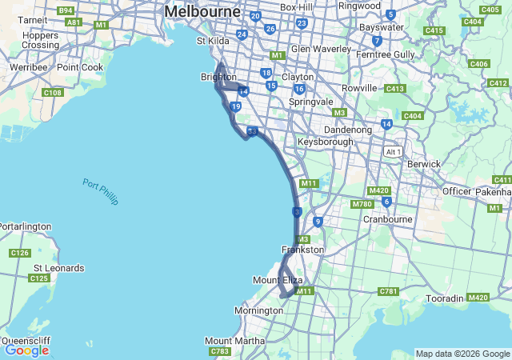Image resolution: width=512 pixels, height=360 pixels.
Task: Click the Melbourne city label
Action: pyautogui.click(x=202, y=12)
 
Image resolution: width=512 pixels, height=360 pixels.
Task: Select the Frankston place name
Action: pyautogui.click(x=303, y=250)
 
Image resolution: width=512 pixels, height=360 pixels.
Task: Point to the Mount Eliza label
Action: pyautogui.click(x=278, y=280)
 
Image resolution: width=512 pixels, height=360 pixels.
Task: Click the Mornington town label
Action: pyautogui.click(x=258, y=310)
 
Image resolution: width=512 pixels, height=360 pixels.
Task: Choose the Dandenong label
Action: pyautogui.click(x=347, y=130)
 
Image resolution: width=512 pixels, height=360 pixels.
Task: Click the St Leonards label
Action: pyautogui.click(x=58, y=267)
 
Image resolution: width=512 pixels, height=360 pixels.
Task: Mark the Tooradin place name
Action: pyautogui.click(x=445, y=298)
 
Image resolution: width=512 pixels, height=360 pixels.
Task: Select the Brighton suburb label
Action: pyautogui.click(x=218, y=78)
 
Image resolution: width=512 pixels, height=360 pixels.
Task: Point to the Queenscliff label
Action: pyautogui.click(x=26, y=340)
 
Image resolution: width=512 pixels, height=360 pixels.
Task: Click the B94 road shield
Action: pyautogui.click(x=66, y=11)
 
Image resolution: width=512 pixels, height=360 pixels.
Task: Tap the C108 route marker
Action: pyautogui.click(x=52, y=93)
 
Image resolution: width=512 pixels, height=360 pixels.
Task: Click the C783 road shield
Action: pyautogui.click(x=218, y=351)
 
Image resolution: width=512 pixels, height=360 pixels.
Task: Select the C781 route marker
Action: pyautogui.click(x=388, y=291)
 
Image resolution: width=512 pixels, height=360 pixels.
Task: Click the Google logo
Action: pyautogui.click(x=26, y=350)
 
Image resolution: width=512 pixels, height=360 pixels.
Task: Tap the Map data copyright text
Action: pyautogui.click(x=462, y=354)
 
